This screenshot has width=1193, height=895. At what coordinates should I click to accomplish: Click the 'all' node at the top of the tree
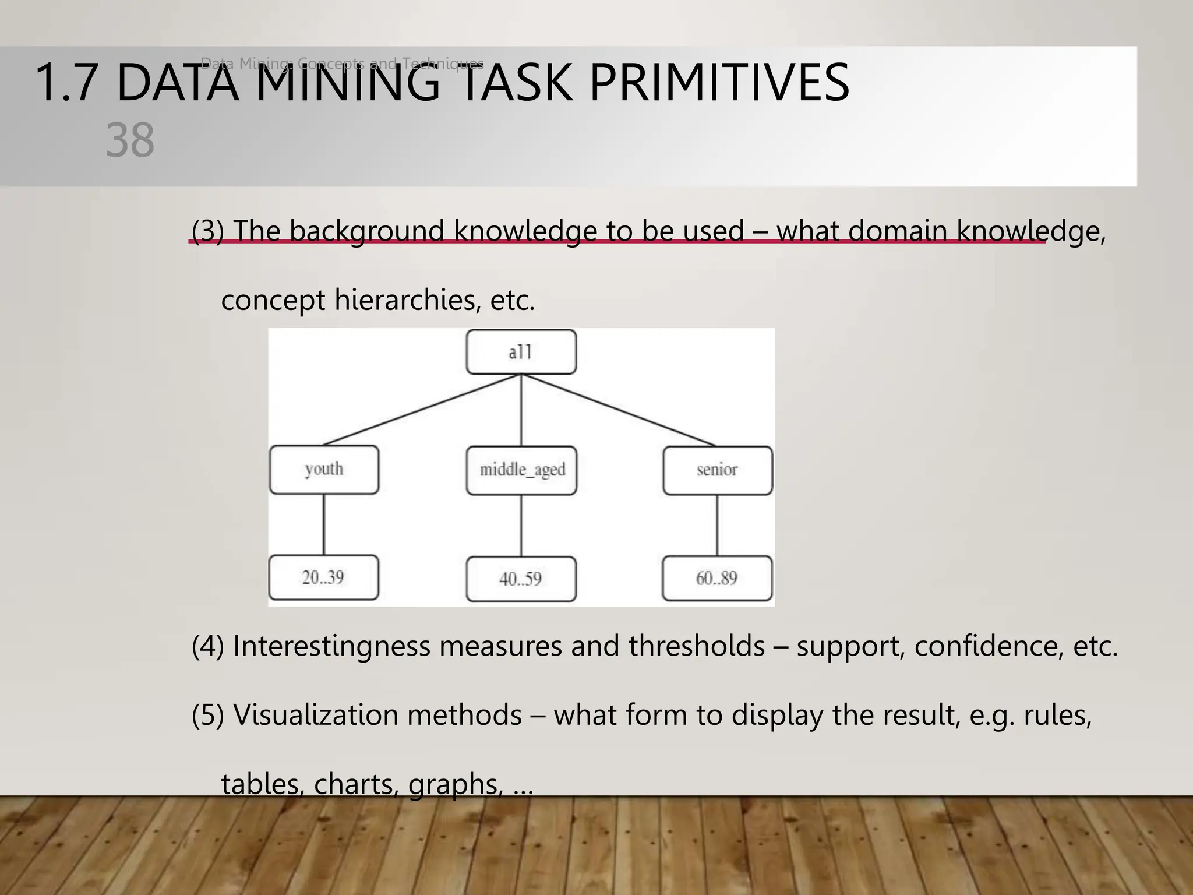(521, 352)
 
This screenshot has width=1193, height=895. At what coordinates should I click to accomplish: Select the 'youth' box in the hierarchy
(324, 470)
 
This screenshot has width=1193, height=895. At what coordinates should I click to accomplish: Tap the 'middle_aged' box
(521, 470)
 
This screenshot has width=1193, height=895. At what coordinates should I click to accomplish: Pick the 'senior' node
(717, 470)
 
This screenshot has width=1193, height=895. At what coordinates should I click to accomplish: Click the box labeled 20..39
(323, 578)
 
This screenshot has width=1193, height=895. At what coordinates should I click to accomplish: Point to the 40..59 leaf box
(521, 579)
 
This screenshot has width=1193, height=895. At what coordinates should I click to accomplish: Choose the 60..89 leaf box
(717, 579)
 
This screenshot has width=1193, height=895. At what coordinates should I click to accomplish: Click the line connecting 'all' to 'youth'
(422, 410)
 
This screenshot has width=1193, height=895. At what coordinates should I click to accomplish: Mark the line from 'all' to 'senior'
(619, 410)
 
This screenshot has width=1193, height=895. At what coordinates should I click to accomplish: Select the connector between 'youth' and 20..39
(324, 524)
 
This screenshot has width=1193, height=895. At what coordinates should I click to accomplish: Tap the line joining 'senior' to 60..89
(717, 526)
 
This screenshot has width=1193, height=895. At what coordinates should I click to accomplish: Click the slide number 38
(130, 140)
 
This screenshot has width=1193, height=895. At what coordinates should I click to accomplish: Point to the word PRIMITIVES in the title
(719, 83)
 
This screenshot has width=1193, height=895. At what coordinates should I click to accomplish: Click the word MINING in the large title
(347, 83)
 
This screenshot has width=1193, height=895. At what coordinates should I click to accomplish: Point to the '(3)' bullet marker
(208, 231)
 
